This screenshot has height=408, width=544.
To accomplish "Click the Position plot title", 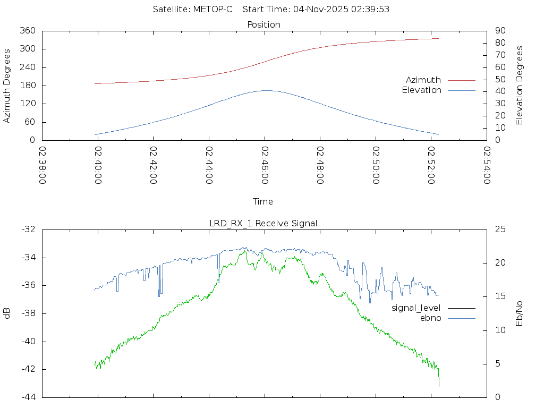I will [x=264, y=24].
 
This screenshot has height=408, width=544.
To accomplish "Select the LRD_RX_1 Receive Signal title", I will [x=263, y=223].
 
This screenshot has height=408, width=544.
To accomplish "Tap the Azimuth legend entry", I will [x=423, y=80].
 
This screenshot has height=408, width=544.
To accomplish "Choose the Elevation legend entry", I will [x=421, y=90].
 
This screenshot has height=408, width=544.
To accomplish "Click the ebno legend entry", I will [x=431, y=318].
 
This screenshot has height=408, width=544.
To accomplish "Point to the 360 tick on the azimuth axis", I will [x=28, y=31].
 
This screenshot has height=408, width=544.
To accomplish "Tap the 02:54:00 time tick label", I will [x=487, y=165].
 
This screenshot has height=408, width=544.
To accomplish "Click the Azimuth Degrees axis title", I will [x=7, y=86].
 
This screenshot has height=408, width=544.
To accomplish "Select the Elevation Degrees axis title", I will [x=520, y=86].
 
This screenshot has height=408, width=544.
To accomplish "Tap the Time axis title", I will [x=263, y=201].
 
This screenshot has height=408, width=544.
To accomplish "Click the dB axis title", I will [x=7, y=313].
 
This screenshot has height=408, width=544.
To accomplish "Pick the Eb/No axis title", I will [x=520, y=313].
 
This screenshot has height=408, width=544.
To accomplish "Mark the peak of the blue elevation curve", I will [x=266, y=90].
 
